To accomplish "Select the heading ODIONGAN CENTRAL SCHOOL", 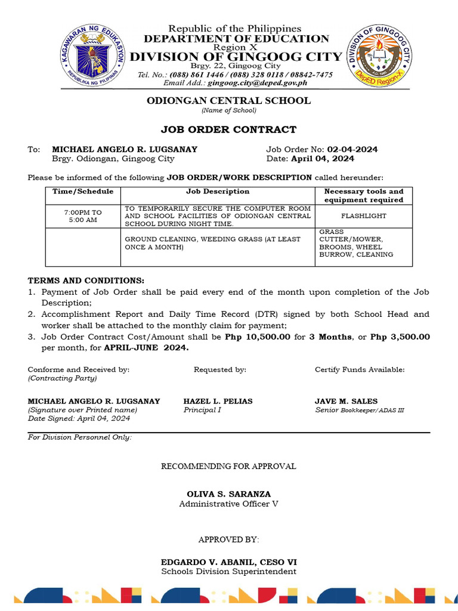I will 228,100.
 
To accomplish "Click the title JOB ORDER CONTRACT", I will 228,129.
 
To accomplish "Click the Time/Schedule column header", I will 83,192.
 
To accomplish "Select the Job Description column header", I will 218,192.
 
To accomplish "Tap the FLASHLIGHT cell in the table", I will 364,216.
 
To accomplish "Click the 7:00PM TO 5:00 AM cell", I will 83,216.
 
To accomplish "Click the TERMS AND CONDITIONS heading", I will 86,280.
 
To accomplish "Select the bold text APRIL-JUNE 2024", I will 146,348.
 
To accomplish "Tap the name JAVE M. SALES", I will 346,401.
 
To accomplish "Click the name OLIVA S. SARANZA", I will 228,494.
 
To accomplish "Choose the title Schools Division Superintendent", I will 228,572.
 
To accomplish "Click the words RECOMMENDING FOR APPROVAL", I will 228,466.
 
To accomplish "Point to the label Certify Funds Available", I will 360,369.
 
